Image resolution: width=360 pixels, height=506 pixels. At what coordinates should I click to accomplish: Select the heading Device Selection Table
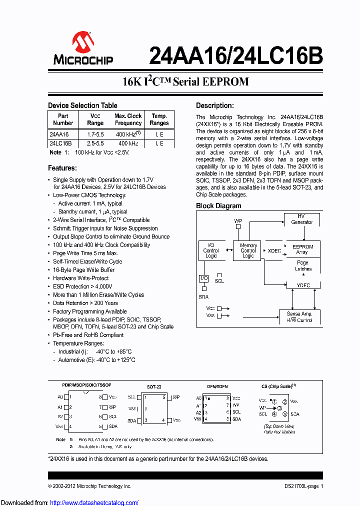82,105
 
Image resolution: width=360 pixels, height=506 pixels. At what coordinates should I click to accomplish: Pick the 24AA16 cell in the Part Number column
59,134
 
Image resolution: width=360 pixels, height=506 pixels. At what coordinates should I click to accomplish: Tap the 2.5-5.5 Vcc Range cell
95,143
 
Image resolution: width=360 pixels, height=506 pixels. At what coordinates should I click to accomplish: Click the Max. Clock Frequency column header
128,119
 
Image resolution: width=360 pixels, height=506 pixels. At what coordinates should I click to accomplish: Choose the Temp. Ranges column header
159,119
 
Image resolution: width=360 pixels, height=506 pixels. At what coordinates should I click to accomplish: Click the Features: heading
62,168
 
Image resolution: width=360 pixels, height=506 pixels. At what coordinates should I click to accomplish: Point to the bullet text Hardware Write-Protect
81,278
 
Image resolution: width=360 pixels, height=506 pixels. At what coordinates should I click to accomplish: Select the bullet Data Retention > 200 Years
85,303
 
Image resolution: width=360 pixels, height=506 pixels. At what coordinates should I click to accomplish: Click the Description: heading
214,105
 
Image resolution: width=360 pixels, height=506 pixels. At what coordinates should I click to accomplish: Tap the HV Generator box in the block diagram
301,219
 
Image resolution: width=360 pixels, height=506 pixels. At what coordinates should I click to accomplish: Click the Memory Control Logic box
248,250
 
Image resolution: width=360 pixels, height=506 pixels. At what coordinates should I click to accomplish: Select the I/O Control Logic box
211,250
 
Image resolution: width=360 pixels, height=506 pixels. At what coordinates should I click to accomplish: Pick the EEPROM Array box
301,249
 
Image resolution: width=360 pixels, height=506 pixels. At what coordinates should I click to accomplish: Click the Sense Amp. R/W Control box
299,316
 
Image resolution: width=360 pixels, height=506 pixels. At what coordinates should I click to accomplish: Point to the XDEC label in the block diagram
274,250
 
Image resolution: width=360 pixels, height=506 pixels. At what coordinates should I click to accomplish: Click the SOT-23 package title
154,386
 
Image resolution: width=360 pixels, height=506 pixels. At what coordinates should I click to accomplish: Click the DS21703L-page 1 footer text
300,486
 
